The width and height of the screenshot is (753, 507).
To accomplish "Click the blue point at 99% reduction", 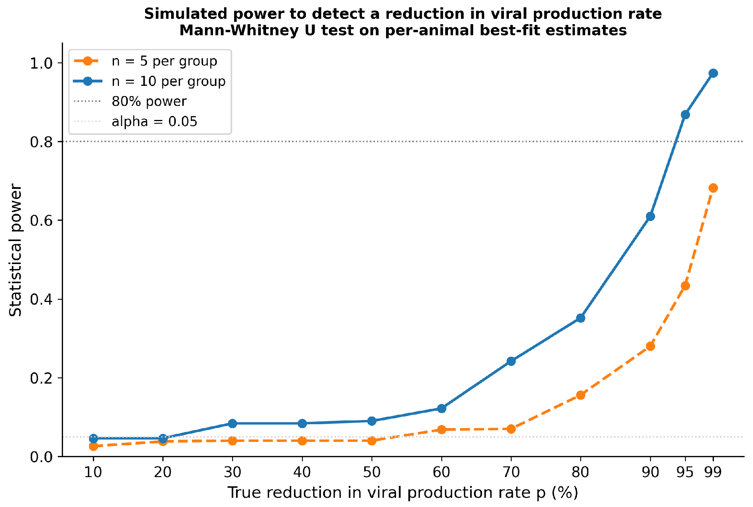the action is pos(713,73).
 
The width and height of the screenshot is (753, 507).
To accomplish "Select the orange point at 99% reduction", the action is pos(713,188).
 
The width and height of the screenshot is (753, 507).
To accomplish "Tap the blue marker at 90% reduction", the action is pos(650,217).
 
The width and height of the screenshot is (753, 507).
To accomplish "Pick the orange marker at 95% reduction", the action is pos(685,286).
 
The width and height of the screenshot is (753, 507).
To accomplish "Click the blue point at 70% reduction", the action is pos(511,361).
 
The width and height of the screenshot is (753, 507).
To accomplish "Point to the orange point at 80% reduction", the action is pos(580,395).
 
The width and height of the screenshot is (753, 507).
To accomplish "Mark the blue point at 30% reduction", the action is pos(232,423).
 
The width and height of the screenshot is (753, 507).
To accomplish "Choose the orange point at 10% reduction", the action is pos(93,446).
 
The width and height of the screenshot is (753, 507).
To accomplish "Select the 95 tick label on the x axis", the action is pos(685,473).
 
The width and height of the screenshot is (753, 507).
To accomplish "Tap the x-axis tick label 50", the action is pos(372,473).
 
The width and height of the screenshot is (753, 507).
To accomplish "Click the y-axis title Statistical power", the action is pos(15,250).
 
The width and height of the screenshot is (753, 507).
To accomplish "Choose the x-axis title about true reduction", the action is pos(403,493).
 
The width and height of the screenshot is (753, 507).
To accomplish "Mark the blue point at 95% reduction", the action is pos(685,115).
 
